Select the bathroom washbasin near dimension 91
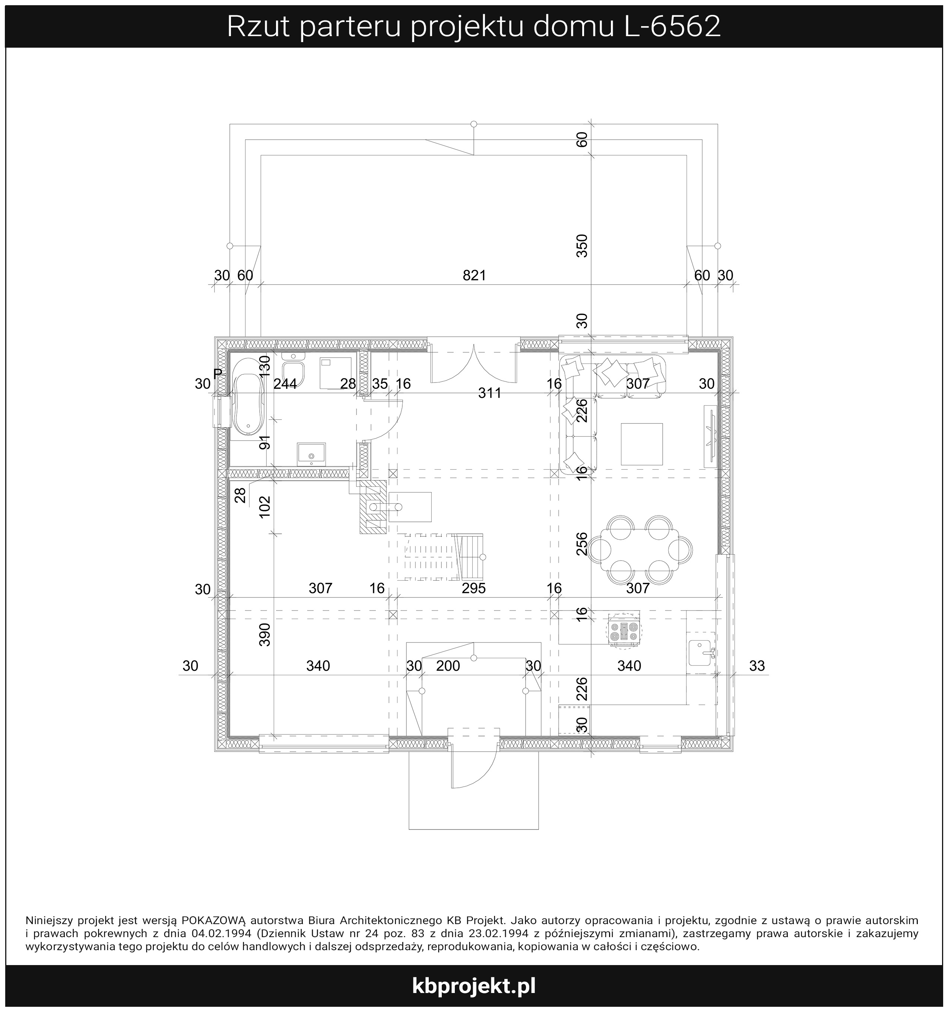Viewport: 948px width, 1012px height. (311, 454)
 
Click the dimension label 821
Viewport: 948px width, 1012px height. (474, 275)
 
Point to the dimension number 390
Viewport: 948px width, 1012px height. (265, 634)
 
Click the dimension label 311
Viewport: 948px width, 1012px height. (490, 393)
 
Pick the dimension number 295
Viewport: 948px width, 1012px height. (473, 588)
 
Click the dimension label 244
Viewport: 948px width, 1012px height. (285, 383)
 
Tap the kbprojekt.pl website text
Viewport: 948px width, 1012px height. (473, 986)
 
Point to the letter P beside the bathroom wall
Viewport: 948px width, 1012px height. (218, 374)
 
